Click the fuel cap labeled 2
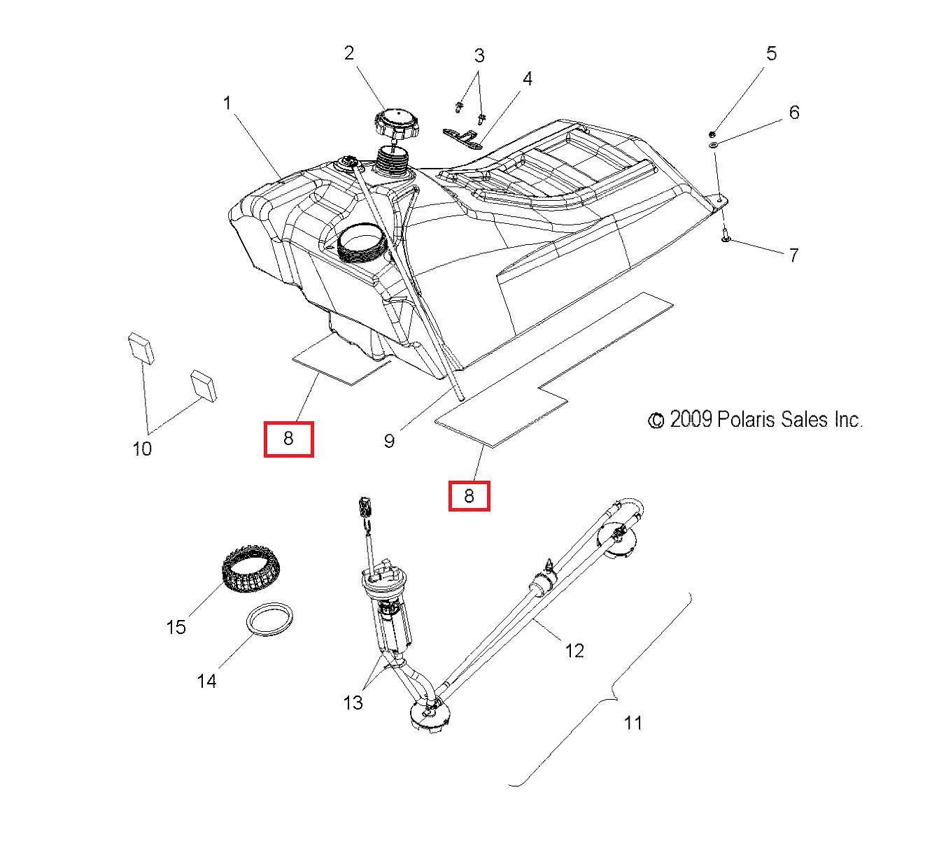[x=396, y=123]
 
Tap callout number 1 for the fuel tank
[x=227, y=104]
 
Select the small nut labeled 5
[x=712, y=134]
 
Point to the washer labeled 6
[x=713, y=144]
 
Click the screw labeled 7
[x=725, y=238]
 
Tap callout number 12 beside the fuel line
[x=574, y=651]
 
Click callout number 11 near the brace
[x=633, y=723]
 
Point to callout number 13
[x=353, y=702]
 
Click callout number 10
[x=142, y=449]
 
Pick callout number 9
[x=389, y=441]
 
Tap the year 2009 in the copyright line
[x=691, y=419]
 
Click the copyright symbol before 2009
[x=656, y=420]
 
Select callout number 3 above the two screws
[x=479, y=55]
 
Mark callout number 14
[x=206, y=681]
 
